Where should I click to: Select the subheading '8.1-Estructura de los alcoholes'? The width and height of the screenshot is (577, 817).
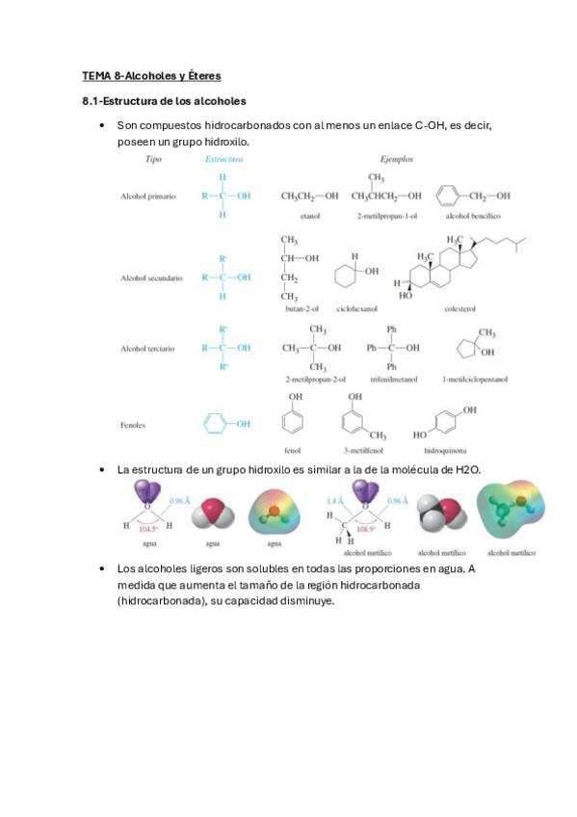[164, 100]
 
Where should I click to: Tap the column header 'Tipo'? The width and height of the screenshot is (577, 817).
[152, 159]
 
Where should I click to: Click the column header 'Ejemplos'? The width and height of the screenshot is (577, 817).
[396, 159]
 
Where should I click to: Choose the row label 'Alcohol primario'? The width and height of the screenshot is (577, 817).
[147, 196]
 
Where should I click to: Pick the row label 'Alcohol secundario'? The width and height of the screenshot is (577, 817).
[152, 277]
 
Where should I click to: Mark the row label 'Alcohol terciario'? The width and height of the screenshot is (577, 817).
[149, 347]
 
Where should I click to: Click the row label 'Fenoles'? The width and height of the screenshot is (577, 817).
[134, 423]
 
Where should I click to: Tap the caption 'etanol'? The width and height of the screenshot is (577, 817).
[310, 216]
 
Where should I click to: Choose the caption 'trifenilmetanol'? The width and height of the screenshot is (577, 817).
[390, 379]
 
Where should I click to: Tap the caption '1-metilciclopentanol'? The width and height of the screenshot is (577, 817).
[475, 379]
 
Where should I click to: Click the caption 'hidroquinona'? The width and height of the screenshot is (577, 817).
[442, 449]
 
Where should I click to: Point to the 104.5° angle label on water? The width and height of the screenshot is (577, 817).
[148, 529]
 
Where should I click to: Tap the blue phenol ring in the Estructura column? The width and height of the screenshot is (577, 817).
[218, 423]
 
